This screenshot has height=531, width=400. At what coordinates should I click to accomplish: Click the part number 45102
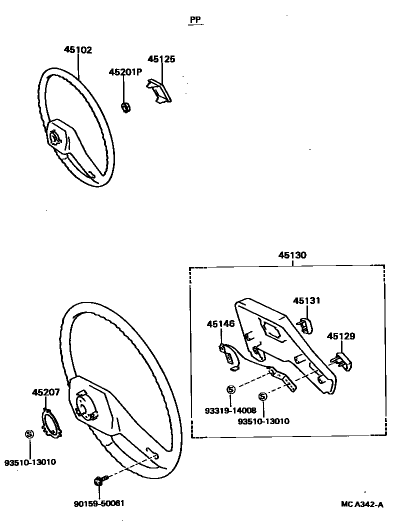[x=78, y=50]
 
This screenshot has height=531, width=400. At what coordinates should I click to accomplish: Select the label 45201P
[x=125, y=72]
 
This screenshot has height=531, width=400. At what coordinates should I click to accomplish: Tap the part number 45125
[x=161, y=59]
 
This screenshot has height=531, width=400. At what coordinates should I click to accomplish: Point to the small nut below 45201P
[x=126, y=106]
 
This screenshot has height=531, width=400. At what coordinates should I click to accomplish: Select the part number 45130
[x=292, y=255]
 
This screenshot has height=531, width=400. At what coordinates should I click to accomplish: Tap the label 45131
[x=306, y=300]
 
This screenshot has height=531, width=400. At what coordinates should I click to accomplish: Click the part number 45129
[x=341, y=336]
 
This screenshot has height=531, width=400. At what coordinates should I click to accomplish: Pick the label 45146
[x=220, y=324]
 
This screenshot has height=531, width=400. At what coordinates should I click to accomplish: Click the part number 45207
[x=45, y=392]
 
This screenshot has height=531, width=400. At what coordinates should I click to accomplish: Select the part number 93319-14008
[x=230, y=410]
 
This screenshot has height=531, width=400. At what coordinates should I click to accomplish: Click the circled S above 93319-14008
[x=230, y=389]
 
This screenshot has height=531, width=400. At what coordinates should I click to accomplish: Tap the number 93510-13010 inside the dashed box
[x=263, y=421]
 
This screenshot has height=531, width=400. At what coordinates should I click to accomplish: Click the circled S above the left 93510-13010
[x=29, y=434]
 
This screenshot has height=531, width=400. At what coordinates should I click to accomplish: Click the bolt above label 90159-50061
[x=98, y=481]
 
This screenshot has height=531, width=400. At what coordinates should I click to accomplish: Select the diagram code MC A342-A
[x=362, y=504]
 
